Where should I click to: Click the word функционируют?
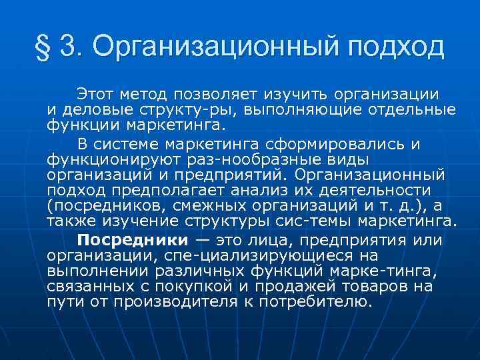click(x=113, y=159)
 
